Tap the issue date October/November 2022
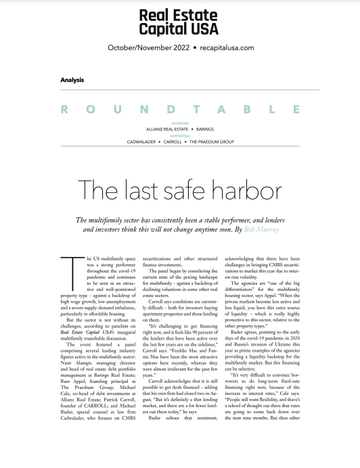[x=148, y=48]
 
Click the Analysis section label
[x=72, y=79]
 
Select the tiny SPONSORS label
[x=179, y=123]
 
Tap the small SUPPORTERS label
[x=179, y=136]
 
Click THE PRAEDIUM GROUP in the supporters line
[x=210, y=142]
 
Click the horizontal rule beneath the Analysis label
[x=180, y=88]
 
